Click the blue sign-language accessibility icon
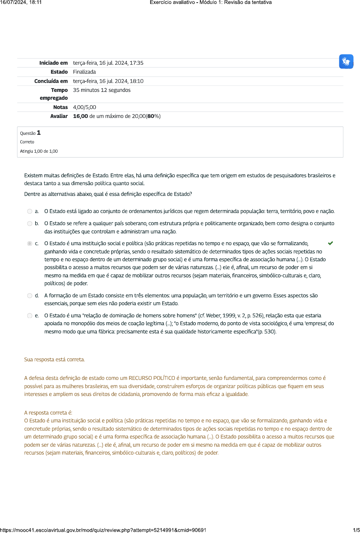pyautogui.click(x=346, y=61)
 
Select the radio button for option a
pyautogui.click(x=30, y=211)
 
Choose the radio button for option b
pyautogui.click(x=30, y=224)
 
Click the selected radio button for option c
pyautogui.click(x=30, y=244)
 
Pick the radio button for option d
pyautogui.click(x=30, y=296)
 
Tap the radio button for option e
pyautogui.click(x=30, y=316)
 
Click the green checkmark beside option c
pyautogui.click(x=330, y=243)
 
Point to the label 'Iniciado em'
pyautogui.click(x=54, y=63)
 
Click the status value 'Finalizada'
pyautogui.click(x=84, y=72)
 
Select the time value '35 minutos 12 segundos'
pyautogui.click(x=101, y=90)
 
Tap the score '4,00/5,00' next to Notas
pyautogui.click(x=84, y=107)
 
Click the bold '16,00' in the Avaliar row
pyautogui.click(x=80, y=116)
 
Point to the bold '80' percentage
pyautogui.click(x=151, y=116)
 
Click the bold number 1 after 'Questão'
pyautogui.click(x=39, y=133)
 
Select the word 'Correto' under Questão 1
pyautogui.click(x=27, y=142)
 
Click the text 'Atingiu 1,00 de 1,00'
pyautogui.click(x=39, y=151)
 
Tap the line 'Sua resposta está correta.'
pyautogui.click(x=55, y=360)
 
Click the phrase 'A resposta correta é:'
pyautogui.click(x=48, y=413)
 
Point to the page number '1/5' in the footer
pyautogui.click(x=356, y=530)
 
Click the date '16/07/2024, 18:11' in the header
pyautogui.click(x=21, y=2)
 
